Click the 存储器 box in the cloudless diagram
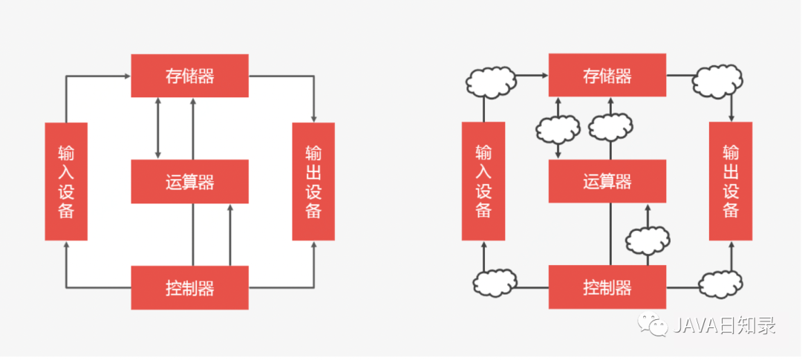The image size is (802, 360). pos(189,76)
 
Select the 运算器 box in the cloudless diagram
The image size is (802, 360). pos(189,181)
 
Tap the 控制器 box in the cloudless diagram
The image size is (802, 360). pos(189,287)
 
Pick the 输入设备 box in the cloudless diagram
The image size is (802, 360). pos(66,181)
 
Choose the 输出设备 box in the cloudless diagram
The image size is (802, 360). pos(313,181)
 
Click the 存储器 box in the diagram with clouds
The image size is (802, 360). pos(607,76)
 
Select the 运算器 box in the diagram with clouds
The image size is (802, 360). pos(607,181)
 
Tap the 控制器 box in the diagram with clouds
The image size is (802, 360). pos(607,287)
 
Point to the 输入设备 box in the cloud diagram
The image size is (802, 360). pos(483,181)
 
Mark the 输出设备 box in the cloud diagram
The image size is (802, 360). pos(731,181)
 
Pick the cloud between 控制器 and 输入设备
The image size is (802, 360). pos(494,282)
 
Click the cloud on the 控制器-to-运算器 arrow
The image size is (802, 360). pos(648,240)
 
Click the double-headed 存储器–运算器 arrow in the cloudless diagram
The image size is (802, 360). pos(157,128)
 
